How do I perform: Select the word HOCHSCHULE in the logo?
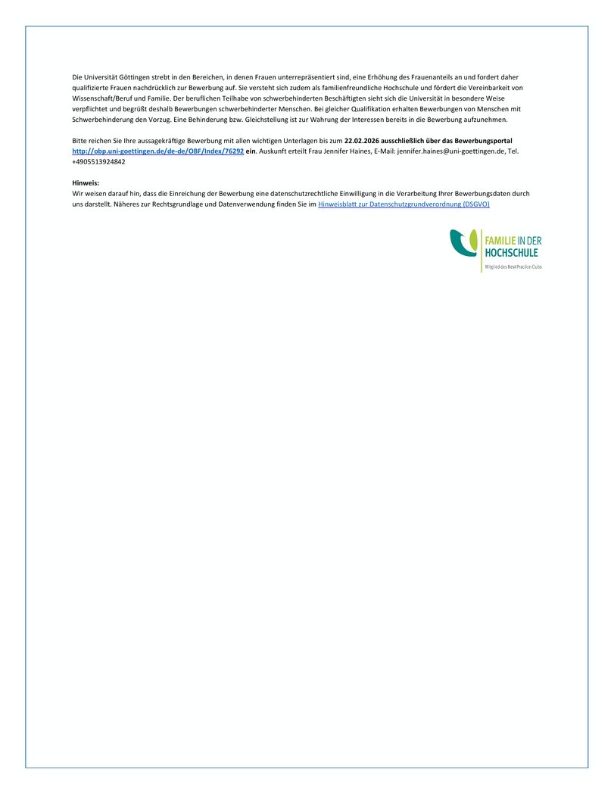[x=511, y=252]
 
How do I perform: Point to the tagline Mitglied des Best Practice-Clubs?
[x=513, y=267]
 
